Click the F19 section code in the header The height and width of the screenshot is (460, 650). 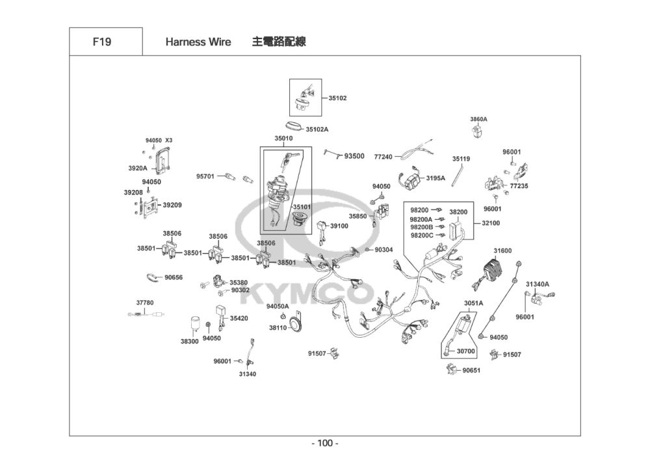(x=102, y=42)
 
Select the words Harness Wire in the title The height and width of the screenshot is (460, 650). (x=198, y=42)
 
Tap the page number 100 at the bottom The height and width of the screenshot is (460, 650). (x=325, y=443)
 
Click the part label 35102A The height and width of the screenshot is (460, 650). (x=317, y=129)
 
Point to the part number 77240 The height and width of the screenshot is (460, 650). (x=383, y=157)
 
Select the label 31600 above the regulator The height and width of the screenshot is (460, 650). (x=502, y=250)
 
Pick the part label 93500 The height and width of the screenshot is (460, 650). (x=354, y=156)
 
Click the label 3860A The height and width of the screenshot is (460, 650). (x=479, y=119)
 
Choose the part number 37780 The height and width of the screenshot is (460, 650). (x=145, y=303)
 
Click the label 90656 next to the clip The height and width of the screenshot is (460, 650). (x=174, y=277)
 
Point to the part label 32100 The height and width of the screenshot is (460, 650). (x=491, y=223)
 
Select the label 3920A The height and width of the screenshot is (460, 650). (x=138, y=169)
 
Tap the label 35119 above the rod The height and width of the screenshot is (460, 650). (x=461, y=159)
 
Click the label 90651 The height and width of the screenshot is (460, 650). (x=471, y=370)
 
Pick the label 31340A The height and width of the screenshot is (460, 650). (x=538, y=284)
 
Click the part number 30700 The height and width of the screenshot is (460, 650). (x=465, y=351)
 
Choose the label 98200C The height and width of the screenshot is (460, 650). (x=422, y=235)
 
